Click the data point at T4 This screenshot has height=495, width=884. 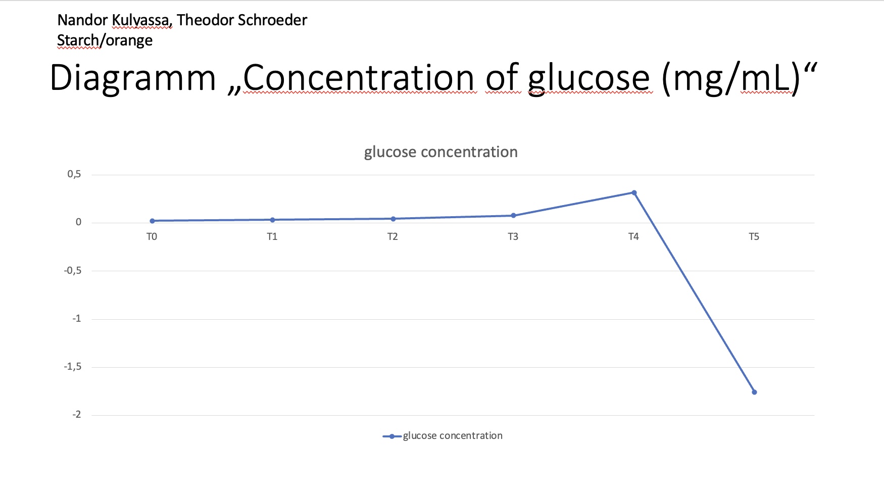coord(634,192)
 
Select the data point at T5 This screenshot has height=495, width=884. coord(754,392)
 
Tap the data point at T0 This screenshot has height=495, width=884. coord(152,221)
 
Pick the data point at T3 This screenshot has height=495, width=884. coord(513,216)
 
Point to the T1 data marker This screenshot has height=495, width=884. coord(272,220)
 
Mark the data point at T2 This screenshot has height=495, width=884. coord(393,219)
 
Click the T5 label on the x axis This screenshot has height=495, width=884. coord(754,237)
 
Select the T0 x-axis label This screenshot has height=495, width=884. coord(152,237)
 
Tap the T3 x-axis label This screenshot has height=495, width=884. coord(513,237)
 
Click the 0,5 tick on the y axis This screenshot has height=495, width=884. coord(74,174)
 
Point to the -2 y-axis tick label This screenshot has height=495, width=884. coord(76,415)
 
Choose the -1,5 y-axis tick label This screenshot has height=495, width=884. coord(72,367)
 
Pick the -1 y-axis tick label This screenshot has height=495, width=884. coord(76,319)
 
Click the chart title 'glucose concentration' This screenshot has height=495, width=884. coord(441,152)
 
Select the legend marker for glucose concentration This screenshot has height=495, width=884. coord(392,436)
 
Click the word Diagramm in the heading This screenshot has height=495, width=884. coord(133,79)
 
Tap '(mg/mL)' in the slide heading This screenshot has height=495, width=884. coord(731,79)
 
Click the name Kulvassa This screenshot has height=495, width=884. coord(141,21)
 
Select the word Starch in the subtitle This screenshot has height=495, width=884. coord(78,40)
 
